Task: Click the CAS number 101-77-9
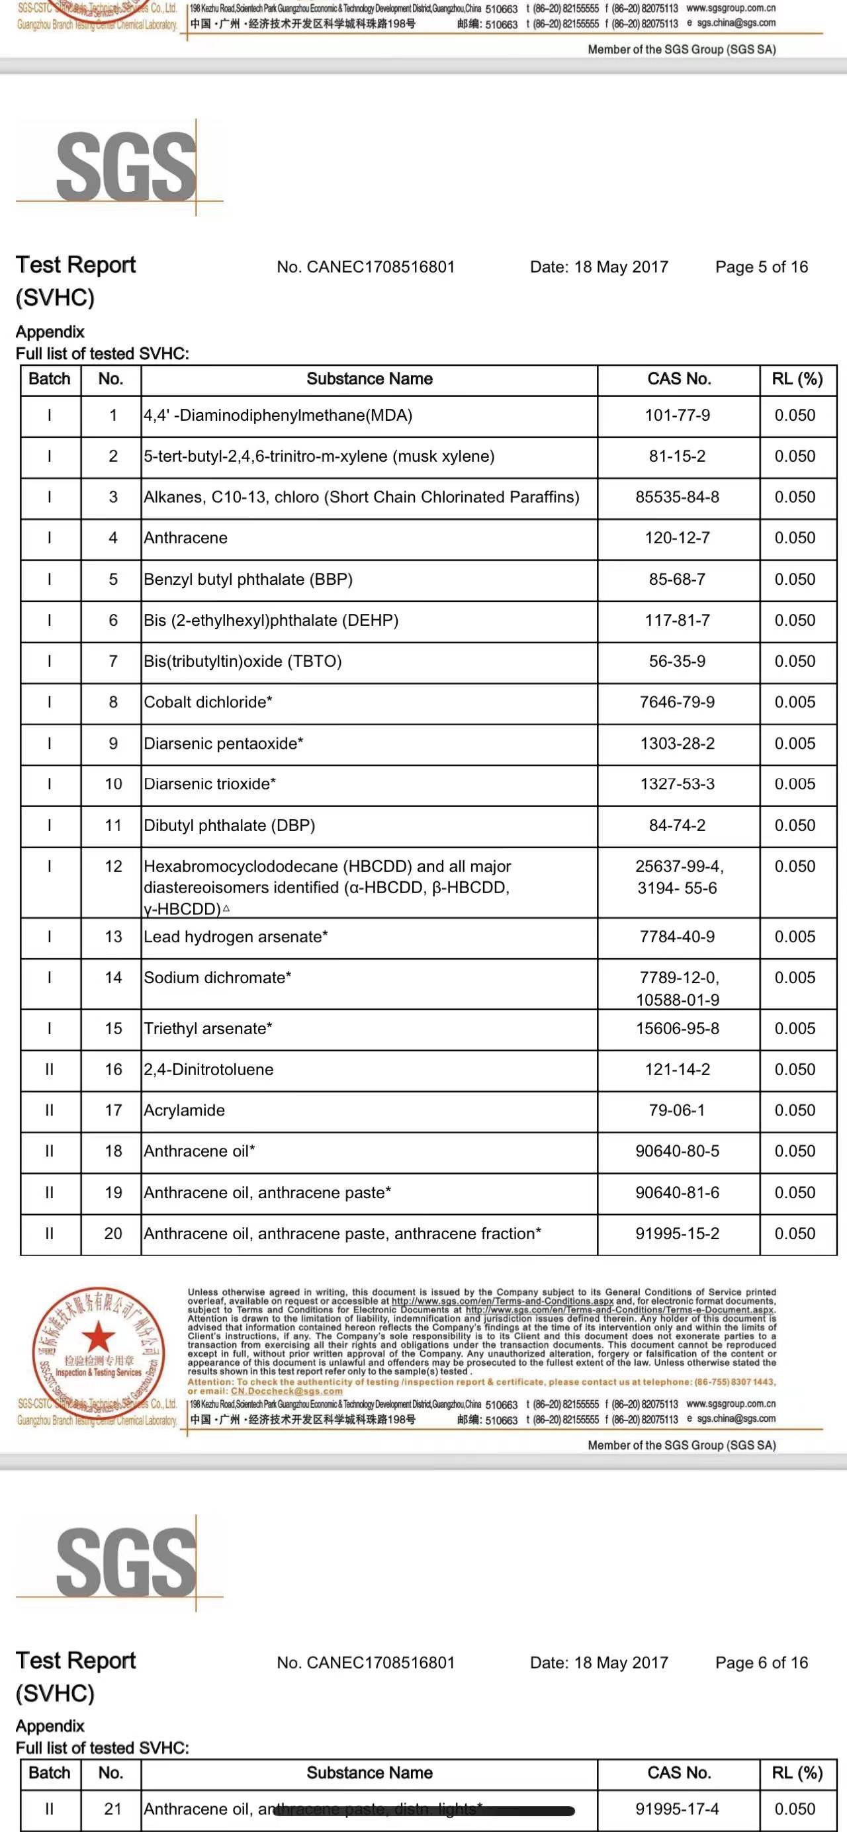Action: click(x=677, y=415)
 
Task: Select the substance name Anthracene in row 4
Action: click(x=186, y=538)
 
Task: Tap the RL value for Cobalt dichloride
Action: click(x=794, y=702)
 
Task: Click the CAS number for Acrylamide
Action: click(x=677, y=1110)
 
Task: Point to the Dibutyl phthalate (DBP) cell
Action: click(x=229, y=825)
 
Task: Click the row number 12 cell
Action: click(x=113, y=866)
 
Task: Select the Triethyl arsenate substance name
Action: click(x=208, y=1028)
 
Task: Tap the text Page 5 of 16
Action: click(x=761, y=267)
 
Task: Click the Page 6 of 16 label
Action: click(x=761, y=1663)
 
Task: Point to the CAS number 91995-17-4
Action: click(x=677, y=1809)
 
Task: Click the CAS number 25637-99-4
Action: click(x=679, y=866)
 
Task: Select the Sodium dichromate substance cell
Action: click(x=217, y=978)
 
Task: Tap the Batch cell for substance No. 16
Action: click(x=49, y=1069)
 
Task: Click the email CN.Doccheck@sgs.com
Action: click(x=286, y=1391)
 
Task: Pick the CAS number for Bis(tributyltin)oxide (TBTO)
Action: click(x=677, y=662)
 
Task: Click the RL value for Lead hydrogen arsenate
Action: click(x=794, y=937)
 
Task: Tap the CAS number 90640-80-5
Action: click(x=677, y=1151)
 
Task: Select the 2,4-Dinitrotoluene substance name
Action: click(x=208, y=1069)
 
